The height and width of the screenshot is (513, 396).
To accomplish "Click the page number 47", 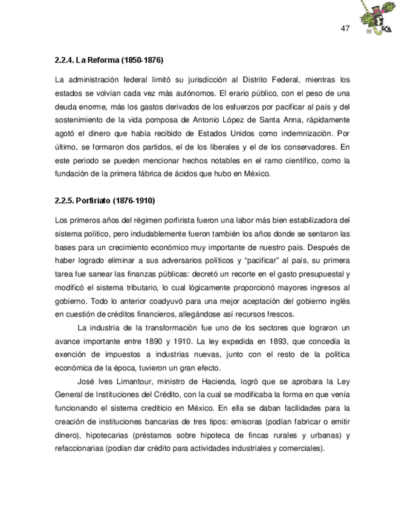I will coord(346,29).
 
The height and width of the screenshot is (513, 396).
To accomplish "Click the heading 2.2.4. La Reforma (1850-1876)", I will coord(109,61).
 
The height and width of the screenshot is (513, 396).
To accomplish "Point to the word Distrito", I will coord(257,80).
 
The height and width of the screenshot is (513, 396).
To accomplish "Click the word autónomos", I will coord(194,94).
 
